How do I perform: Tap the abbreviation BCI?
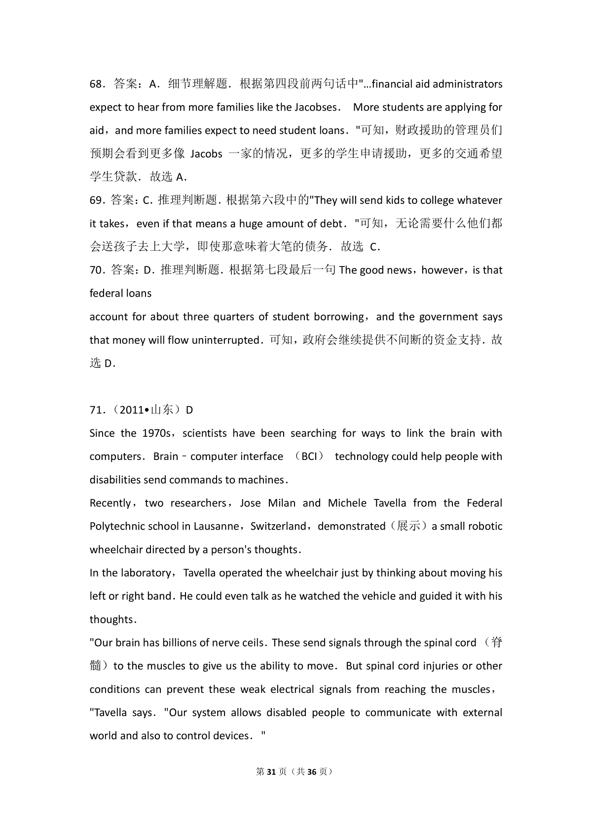[309, 457]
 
